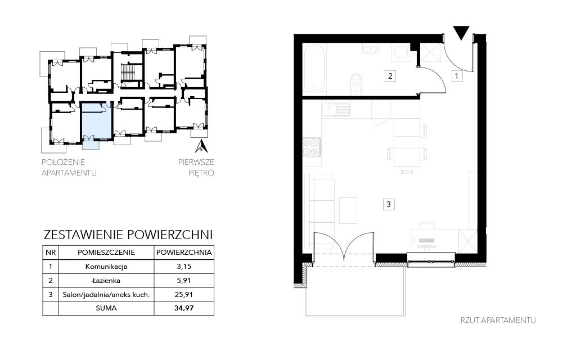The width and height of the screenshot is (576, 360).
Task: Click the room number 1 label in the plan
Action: tap(457, 76)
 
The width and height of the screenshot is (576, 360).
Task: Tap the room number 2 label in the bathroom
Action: tap(390, 76)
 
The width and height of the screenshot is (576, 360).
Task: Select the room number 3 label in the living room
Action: tap(389, 204)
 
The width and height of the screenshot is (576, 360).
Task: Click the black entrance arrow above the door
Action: tap(461, 33)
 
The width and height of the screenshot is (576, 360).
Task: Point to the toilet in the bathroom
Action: tap(356, 84)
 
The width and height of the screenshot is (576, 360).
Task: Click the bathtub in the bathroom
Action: tap(314, 67)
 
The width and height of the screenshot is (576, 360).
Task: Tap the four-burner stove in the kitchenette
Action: tap(310, 147)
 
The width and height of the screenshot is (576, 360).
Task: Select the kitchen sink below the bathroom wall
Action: tap(336, 109)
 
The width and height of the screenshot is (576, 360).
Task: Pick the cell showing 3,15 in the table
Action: tap(184, 267)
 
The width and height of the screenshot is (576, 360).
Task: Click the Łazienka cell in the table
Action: tap(106, 281)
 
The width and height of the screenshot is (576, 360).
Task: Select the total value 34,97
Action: tap(184, 308)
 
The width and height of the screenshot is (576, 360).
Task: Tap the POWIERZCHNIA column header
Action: tap(184, 253)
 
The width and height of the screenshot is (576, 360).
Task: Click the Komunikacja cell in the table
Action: tap(106, 267)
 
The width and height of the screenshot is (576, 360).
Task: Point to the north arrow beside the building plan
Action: tap(201, 146)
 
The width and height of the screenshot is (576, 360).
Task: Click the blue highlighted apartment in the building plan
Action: tap(96, 121)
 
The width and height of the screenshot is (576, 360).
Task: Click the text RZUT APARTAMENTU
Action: tap(498, 320)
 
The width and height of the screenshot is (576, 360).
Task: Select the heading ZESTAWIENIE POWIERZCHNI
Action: tap(128, 235)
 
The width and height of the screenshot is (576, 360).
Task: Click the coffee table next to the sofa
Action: tap(348, 210)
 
